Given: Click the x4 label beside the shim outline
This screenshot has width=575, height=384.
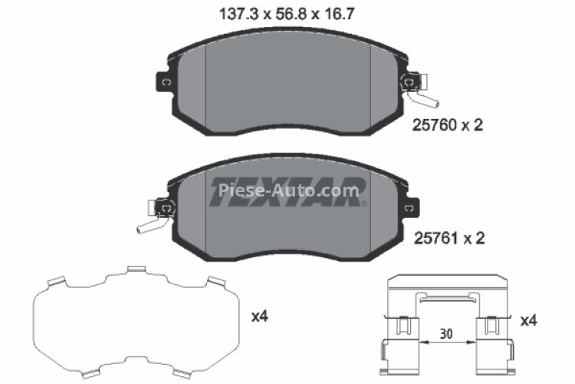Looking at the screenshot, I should point(261,315).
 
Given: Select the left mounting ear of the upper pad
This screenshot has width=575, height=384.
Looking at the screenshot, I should point(163,81).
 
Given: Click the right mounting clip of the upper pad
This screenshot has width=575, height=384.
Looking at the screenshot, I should point(412,81).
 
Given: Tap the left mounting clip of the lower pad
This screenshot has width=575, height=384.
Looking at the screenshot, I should point(163,207).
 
